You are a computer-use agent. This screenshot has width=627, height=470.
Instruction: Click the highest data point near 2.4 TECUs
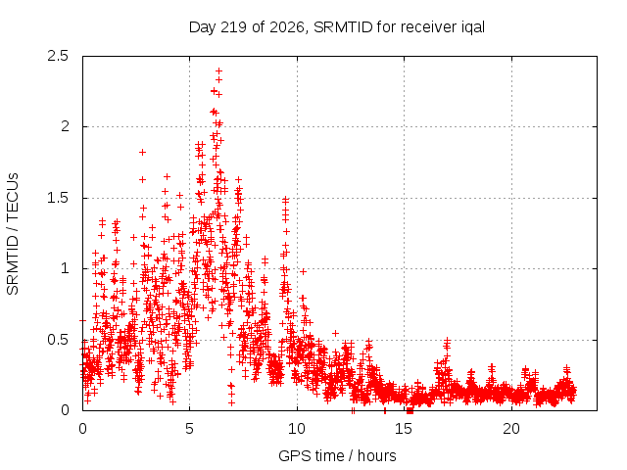tap(218, 71)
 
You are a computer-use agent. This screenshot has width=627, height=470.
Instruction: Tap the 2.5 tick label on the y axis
tap(58, 56)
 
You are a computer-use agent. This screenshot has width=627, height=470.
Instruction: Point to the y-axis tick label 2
tap(65, 126)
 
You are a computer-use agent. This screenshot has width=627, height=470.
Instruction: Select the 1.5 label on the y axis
tap(58, 198)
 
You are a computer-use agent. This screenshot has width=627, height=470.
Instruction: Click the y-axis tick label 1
tap(66, 268)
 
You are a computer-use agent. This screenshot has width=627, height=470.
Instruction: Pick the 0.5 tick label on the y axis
tap(58, 340)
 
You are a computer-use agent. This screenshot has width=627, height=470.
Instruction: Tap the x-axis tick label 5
tap(189, 429)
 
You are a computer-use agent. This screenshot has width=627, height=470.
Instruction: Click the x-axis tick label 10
tap(297, 429)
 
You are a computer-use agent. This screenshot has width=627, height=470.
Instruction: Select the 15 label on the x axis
tap(404, 429)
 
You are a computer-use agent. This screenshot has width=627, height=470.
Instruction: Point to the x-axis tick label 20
tap(511, 429)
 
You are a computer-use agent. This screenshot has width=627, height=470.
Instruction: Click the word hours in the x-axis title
tap(376, 455)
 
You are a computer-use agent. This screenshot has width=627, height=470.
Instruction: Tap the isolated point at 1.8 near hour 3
tap(142, 153)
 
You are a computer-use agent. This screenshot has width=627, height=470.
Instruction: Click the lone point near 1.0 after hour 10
tap(303, 272)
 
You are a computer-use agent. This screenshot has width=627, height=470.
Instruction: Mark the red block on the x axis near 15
tap(410, 410)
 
